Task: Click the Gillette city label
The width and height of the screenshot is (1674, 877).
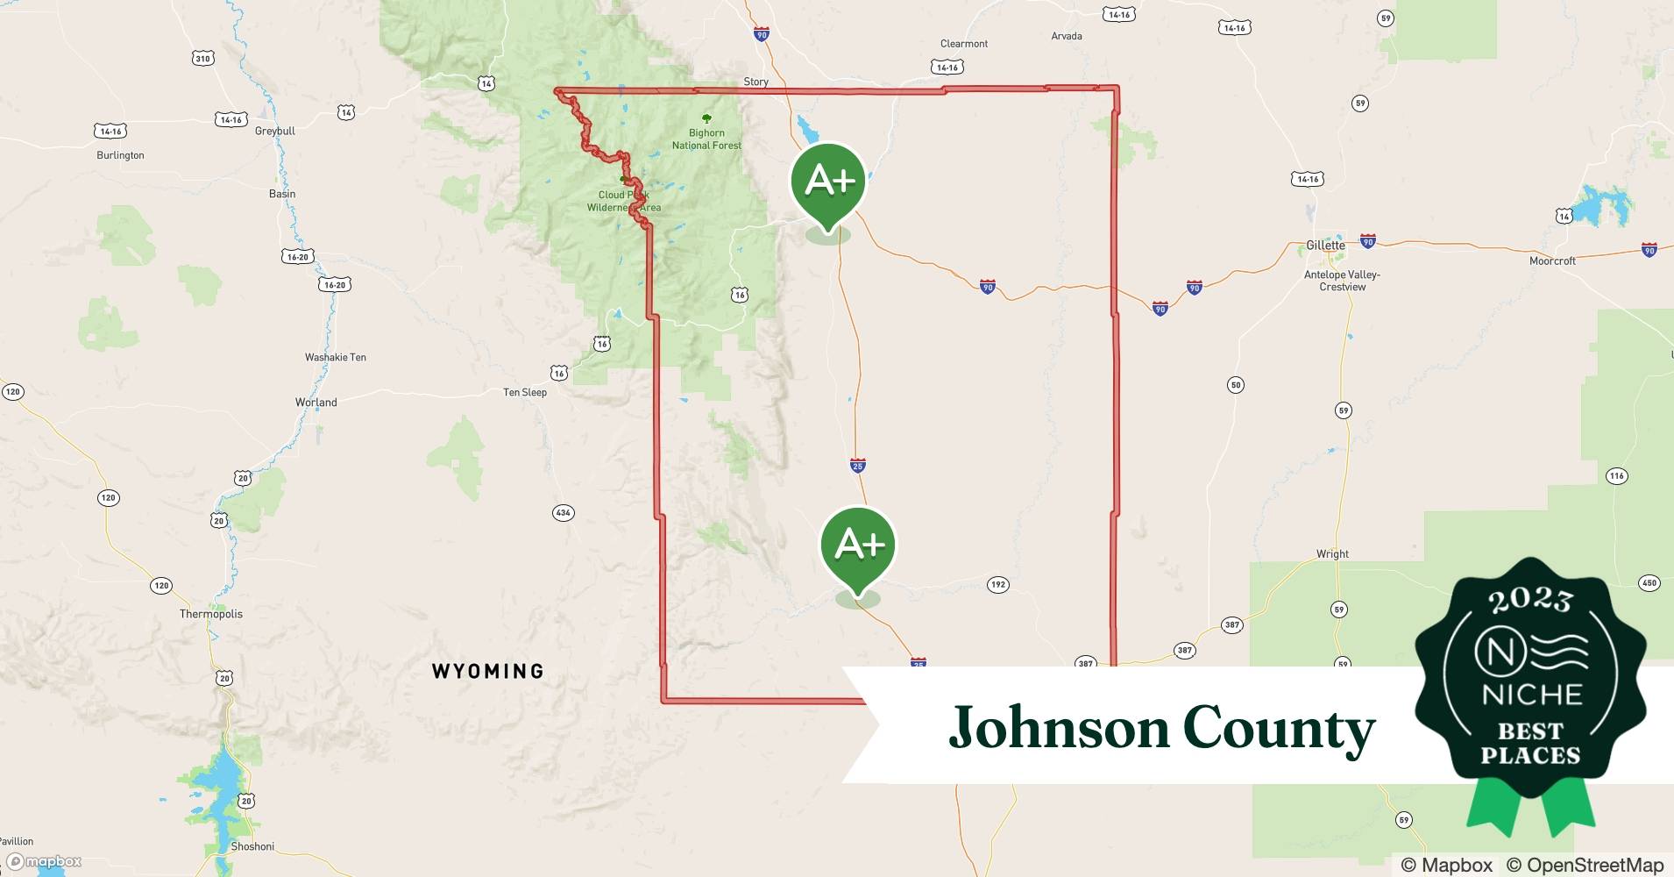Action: click(x=1325, y=246)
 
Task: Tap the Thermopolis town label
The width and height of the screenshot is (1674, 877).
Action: click(x=211, y=614)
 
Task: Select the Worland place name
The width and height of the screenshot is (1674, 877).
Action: click(x=316, y=403)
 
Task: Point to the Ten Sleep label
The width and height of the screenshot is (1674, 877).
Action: click(x=525, y=392)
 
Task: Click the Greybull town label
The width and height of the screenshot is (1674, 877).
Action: click(x=275, y=131)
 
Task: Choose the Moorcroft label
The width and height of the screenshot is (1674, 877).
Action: click(x=1552, y=260)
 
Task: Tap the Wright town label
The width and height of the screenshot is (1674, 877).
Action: click(x=1332, y=554)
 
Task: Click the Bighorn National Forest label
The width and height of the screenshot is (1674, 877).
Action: click(x=706, y=139)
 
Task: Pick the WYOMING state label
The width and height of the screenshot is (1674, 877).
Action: click(x=488, y=672)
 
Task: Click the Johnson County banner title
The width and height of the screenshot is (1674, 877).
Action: click(x=1161, y=728)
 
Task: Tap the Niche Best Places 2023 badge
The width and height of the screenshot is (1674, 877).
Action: click(x=1530, y=684)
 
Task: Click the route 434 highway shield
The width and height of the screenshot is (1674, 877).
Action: click(x=564, y=512)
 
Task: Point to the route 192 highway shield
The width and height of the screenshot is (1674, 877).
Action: click(x=997, y=585)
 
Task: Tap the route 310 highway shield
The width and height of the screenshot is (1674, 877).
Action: click(x=202, y=59)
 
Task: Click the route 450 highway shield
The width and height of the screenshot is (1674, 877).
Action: click(x=1649, y=583)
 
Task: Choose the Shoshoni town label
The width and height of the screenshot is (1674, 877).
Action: click(x=252, y=847)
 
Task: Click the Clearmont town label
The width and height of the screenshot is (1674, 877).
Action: click(x=963, y=44)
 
